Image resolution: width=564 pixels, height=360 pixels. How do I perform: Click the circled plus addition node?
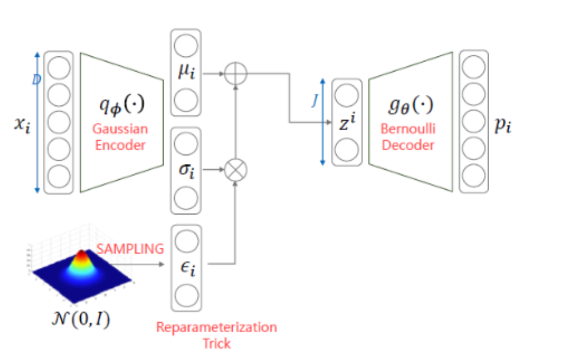coord(235,74)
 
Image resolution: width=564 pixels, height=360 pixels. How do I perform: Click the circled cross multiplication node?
coord(235,170)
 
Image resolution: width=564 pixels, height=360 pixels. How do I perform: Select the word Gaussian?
coord(120,129)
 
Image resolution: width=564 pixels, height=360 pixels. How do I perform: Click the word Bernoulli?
coord(408,129)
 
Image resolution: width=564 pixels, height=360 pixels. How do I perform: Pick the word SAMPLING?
coord(130,249)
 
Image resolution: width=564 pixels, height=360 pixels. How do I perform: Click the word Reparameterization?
coord(216,327)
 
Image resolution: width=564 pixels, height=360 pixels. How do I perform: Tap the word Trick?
coord(216,343)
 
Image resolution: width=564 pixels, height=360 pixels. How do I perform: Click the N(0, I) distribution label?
coord(81,319)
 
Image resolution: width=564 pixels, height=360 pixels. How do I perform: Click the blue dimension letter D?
coord(36,80)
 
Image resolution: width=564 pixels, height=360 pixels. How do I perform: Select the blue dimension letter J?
coord(315,101)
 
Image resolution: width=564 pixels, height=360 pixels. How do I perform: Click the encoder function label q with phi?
coord(122,105)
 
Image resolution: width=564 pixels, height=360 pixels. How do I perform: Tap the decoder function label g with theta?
coord(410,105)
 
